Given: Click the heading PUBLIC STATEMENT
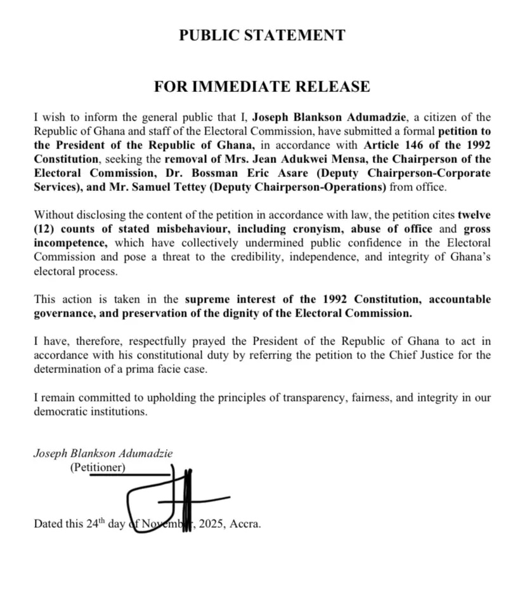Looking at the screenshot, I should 262,35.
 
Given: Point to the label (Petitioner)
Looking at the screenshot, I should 98,468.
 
